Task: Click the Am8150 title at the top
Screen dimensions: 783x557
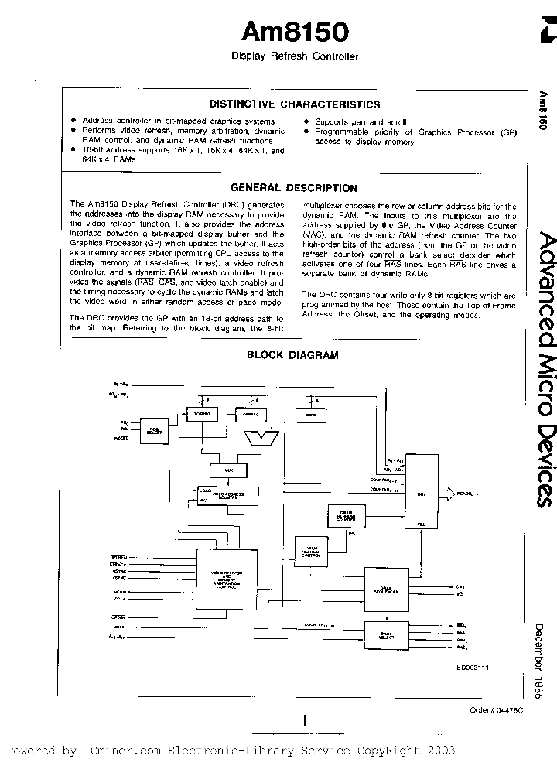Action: pos(295,32)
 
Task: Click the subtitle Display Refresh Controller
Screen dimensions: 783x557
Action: pos(295,56)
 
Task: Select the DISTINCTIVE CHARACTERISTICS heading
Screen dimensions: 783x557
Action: pos(295,104)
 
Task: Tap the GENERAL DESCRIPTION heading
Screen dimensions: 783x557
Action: pos(295,188)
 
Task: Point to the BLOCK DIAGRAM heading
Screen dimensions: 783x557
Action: pos(282,355)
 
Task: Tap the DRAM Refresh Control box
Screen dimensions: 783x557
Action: pos(312,550)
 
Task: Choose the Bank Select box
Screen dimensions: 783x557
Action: pos(386,637)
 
